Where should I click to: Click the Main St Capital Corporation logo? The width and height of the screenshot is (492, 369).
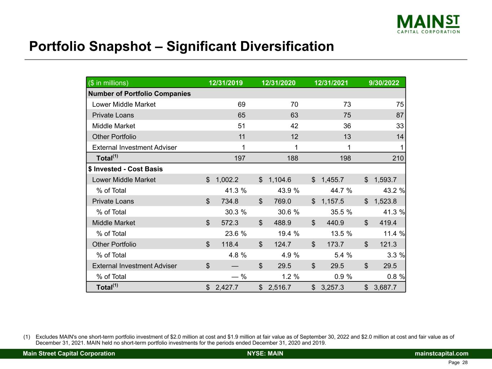(x=428, y=24)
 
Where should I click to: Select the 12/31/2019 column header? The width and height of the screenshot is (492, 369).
(x=226, y=83)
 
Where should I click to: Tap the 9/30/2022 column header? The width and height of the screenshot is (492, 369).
(x=384, y=83)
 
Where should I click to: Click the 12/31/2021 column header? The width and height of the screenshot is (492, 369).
(x=331, y=83)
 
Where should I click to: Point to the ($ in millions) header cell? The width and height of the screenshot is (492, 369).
(x=108, y=83)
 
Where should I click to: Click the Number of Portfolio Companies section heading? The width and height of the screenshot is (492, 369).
(x=139, y=94)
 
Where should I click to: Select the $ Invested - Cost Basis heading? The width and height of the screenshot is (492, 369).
(x=125, y=169)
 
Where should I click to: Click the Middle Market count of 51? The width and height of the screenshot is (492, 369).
(x=241, y=126)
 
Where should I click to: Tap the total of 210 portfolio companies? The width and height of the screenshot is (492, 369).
(x=398, y=158)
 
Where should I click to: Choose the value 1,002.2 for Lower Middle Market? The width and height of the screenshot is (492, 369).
(x=227, y=180)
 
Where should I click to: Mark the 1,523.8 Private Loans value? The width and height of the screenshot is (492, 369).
(x=385, y=201)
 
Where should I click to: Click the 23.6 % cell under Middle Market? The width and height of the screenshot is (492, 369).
(x=235, y=234)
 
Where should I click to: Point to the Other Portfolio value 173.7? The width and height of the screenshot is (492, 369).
(x=335, y=244)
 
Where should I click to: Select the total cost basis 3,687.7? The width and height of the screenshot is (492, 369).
(x=385, y=287)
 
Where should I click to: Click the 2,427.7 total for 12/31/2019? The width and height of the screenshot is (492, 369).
(x=227, y=287)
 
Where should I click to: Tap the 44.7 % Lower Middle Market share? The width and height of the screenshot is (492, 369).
(x=341, y=191)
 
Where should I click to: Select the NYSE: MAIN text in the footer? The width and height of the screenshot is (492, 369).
(x=265, y=354)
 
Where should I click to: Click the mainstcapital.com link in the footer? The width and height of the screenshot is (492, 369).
(x=442, y=354)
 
